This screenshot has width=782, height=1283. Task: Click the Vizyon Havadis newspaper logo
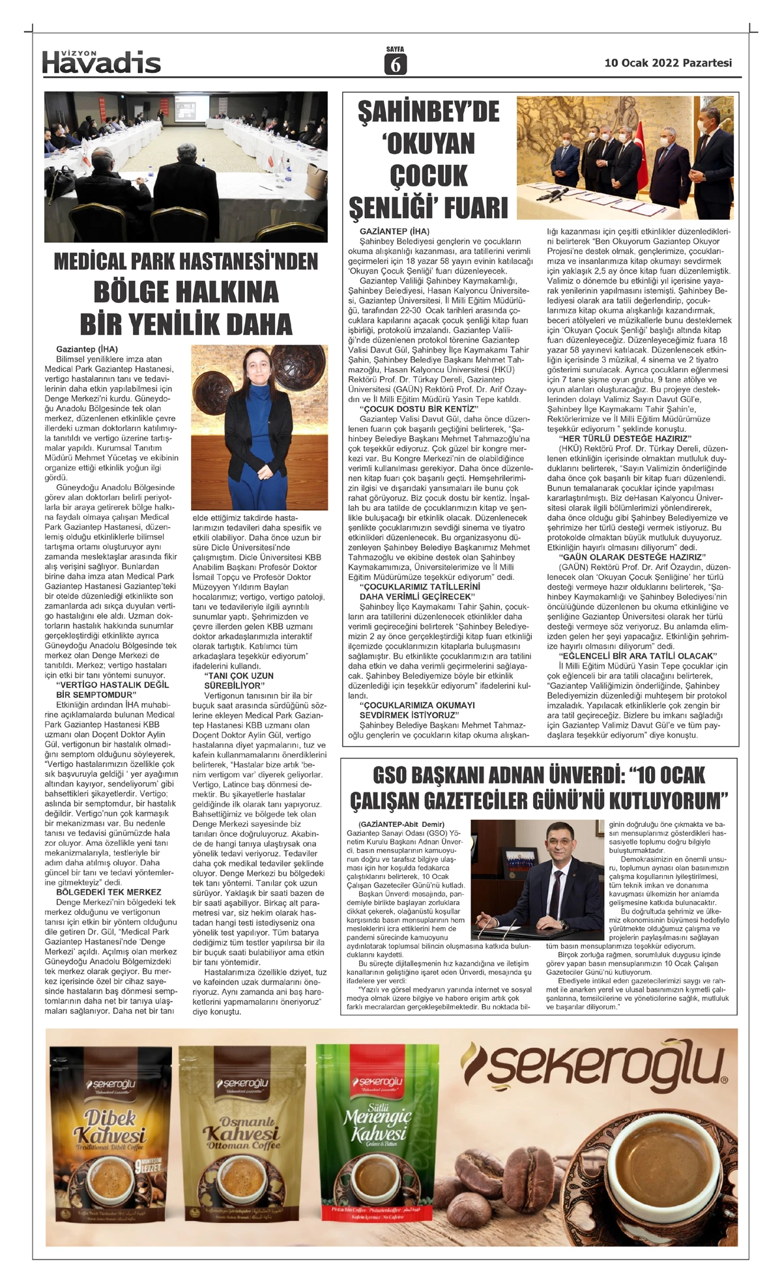[101, 61]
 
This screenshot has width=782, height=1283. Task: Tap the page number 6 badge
[395, 64]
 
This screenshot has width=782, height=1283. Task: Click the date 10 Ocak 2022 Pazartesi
[668, 63]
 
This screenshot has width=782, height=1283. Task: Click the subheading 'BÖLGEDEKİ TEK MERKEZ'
[108, 892]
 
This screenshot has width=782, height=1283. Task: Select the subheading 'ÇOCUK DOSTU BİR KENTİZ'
[419, 409]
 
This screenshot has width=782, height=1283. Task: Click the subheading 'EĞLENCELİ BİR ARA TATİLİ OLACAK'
[637, 656]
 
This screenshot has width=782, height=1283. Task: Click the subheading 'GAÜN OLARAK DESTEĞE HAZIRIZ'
[631, 557]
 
